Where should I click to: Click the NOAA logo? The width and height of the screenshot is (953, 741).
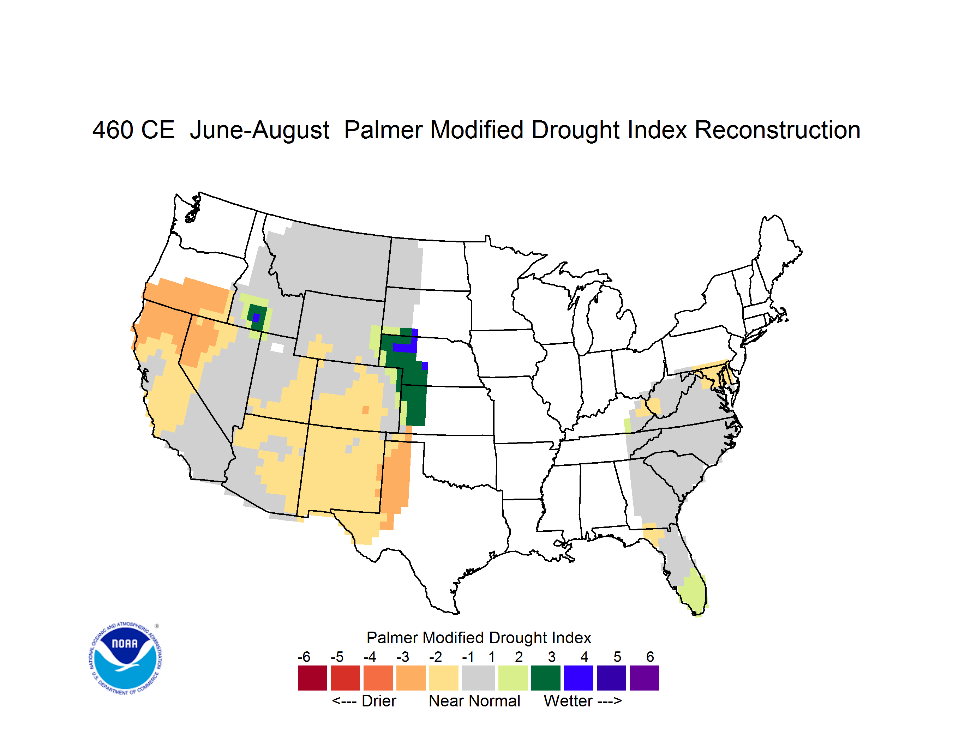tap(126, 658)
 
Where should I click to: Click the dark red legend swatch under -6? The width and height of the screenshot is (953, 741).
tap(312, 678)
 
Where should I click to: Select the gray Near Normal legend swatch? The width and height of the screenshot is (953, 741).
tap(478, 678)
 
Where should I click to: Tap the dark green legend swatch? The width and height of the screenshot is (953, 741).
tap(545, 678)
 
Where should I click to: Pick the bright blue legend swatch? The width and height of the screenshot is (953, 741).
tap(579, 678)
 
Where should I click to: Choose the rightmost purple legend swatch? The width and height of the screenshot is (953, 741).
tap(644, 678)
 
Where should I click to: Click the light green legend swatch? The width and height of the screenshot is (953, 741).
tap(513, 678)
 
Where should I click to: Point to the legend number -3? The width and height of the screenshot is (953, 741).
tap(403, 657)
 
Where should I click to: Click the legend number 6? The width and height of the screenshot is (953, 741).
tap(650, 657)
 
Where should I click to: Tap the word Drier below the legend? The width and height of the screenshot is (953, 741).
tap(379, 701)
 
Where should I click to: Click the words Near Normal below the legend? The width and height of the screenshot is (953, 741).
tap(474, 701)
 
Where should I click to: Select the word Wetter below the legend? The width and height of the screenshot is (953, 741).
tap(568, 701)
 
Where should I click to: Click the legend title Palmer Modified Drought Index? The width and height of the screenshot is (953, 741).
tap(479, 638)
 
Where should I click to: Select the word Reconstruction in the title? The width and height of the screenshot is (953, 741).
tap(777, 130)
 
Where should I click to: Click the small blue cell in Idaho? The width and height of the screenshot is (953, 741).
tap(256, 318)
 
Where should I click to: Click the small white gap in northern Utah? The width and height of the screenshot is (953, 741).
tap(277, 348)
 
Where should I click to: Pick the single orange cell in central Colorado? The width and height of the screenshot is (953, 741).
tap(366, 410)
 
